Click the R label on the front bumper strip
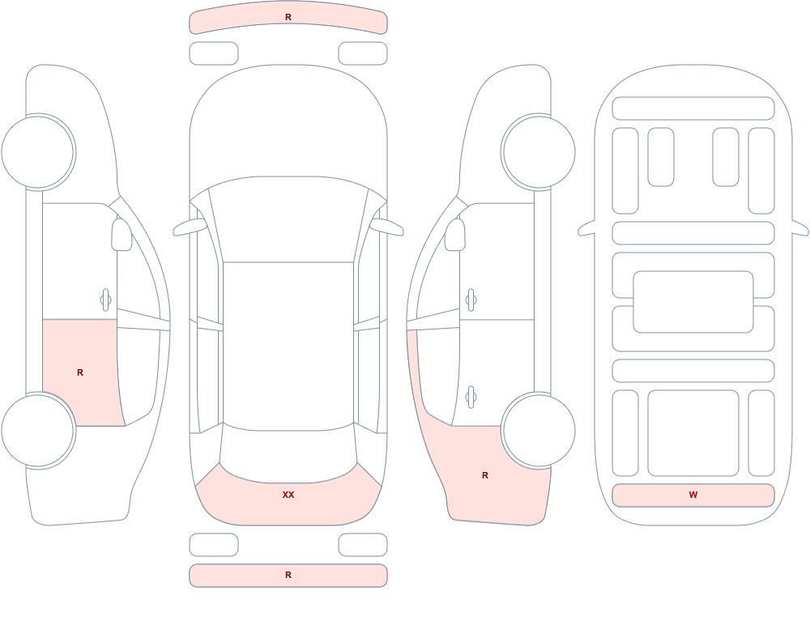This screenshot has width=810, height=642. click(x=288, y=17)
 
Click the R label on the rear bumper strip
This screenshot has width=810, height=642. click(x=288, y=575)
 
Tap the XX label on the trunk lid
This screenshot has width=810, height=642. click(x=288, y=495)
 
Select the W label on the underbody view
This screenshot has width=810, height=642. click(x=693, y=495)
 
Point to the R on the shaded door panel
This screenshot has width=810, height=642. click(x=80, y=372)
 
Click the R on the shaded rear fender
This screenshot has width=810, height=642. click(x=485, y=475)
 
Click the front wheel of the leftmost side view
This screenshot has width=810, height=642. click(x=38, y=152)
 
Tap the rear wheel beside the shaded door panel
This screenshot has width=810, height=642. click(x=38, y=430)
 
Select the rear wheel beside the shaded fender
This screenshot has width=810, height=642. click(x=539, y=430)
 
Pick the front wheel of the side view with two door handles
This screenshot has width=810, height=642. click(x=539, y=152)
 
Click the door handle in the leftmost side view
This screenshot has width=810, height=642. click(x=106, y=300)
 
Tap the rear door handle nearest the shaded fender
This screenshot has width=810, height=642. click(x=471, y=398)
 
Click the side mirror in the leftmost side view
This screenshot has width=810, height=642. click(x=122, y=235)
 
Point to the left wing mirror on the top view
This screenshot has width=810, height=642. click(x=190, y=227)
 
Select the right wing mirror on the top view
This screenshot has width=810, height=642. click(x=387, y=227)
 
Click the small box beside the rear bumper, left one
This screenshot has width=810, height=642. click(x=214, y=545)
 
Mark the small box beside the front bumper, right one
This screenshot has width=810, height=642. click(x=363, y=53)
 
